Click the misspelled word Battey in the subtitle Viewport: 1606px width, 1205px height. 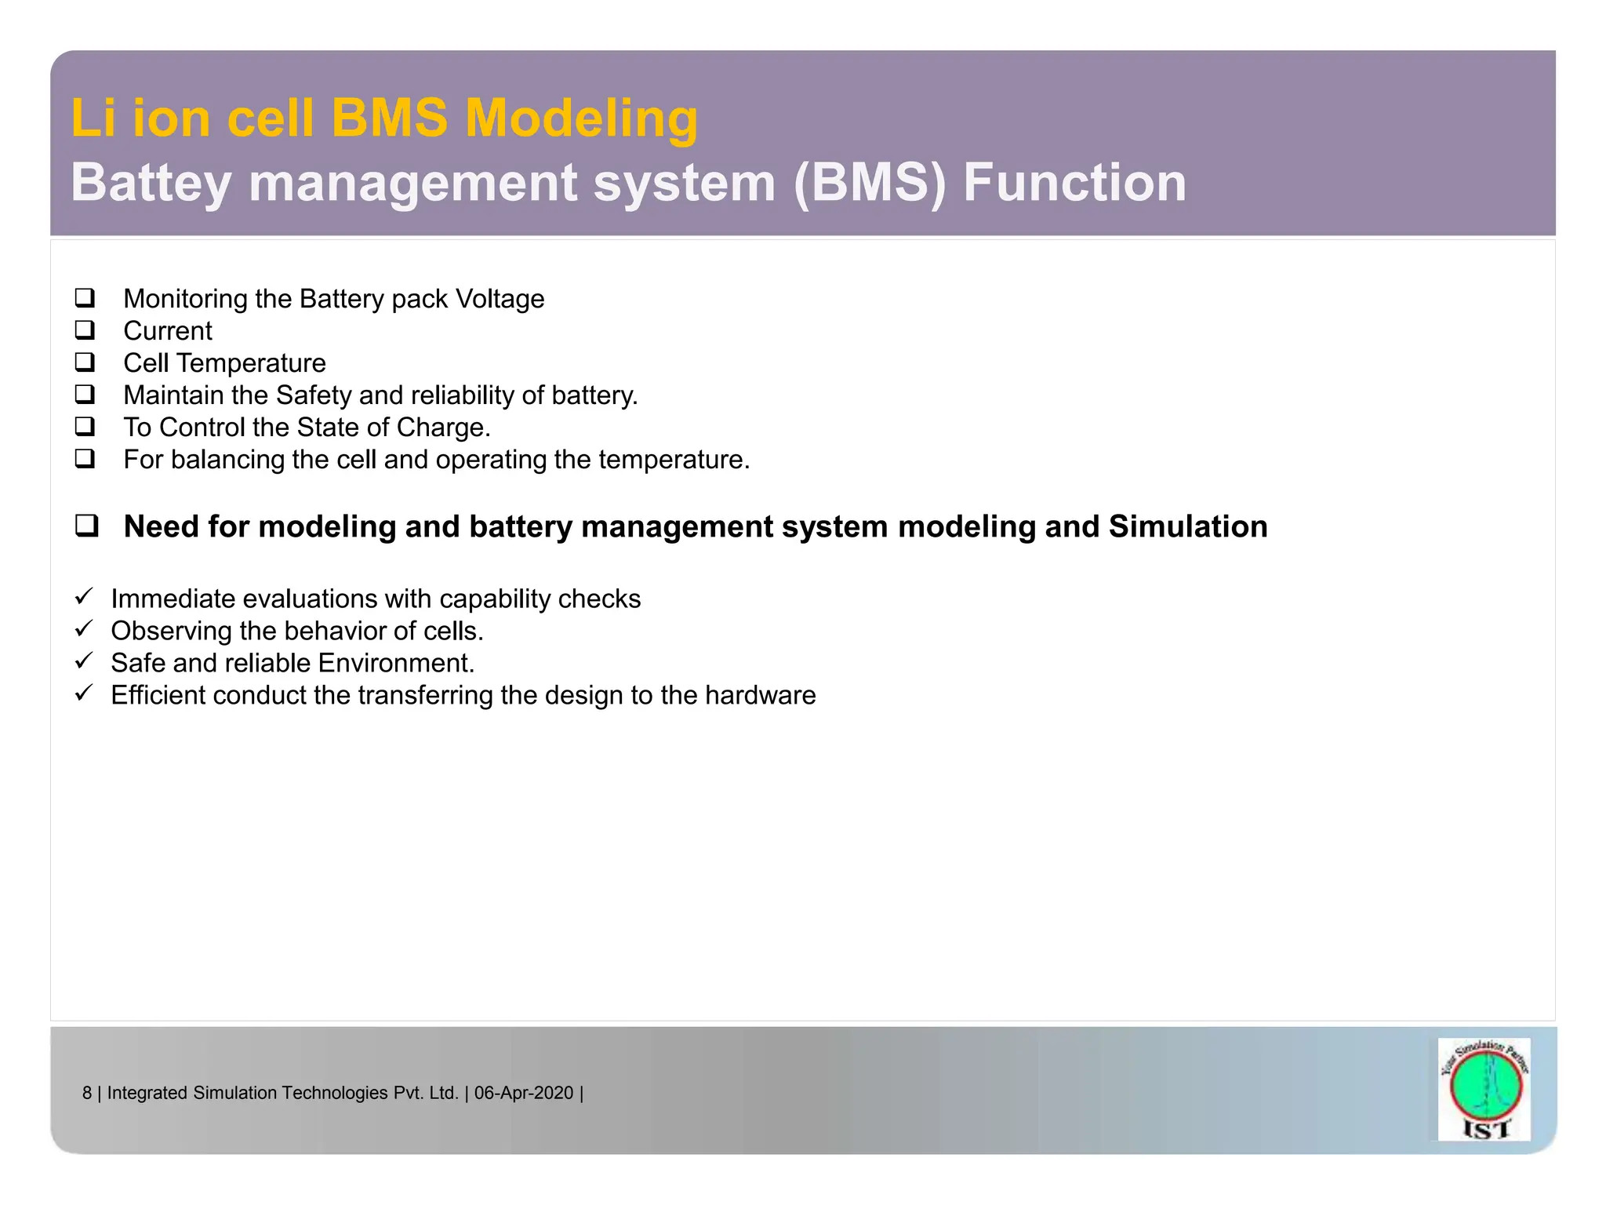tap(151, 183)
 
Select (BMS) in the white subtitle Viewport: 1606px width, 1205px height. tap(870, 183)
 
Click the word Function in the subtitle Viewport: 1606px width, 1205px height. tap(1074, 183)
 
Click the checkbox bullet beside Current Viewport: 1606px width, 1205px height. tap(85, 330)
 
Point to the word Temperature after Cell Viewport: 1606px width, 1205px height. tap(251, 363)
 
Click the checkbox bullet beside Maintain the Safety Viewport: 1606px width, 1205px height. tap(85, 395)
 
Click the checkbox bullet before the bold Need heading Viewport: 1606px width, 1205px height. tap(86, 526)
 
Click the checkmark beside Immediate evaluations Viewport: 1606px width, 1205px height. tap(84, 597)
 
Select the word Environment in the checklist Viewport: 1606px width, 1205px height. tap(395, 664)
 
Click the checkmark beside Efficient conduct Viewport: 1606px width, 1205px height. tap(84, 694)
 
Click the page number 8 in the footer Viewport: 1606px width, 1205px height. tap(87, 1093)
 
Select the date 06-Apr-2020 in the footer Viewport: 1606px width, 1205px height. tap(524, 1093)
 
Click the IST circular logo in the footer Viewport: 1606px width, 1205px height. tap(1484, 1088)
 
